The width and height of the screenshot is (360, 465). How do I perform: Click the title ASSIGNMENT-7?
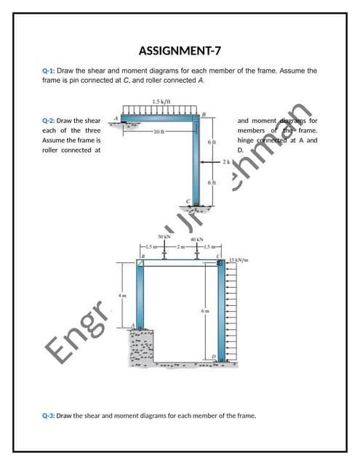pos(180,50)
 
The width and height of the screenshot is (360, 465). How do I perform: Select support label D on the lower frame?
pos(213,355)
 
